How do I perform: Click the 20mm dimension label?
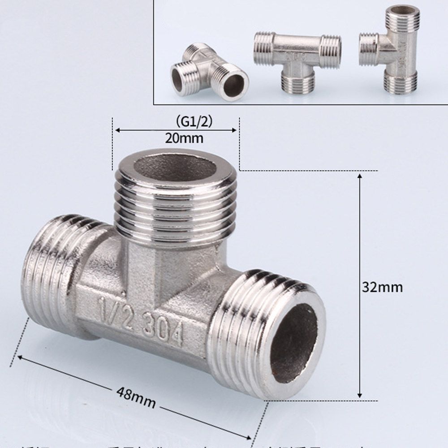click(x=184, y=138)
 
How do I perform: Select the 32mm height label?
click(x=382, y=287)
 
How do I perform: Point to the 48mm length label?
click(x=136, y=397)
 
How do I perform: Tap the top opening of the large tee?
click(x=175, y=167)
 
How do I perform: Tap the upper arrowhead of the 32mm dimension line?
click(x=360, y=176)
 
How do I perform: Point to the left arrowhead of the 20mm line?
click(x=117, y=130)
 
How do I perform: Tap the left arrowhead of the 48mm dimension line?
click(x=20, y=358)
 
